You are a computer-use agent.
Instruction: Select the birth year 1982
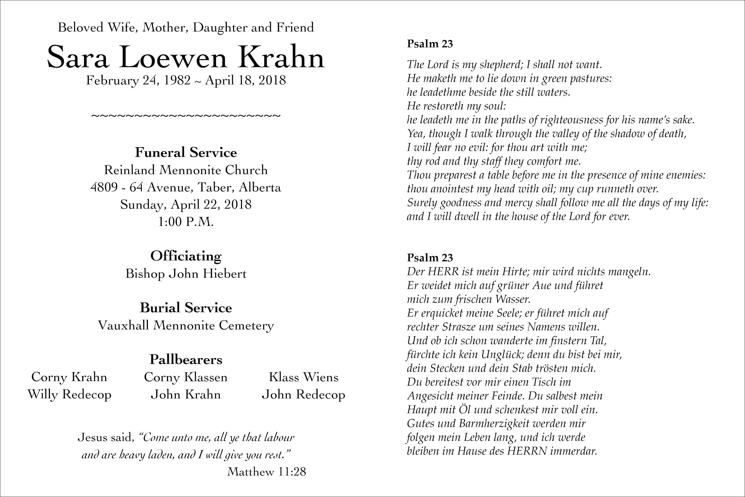pos(177,80)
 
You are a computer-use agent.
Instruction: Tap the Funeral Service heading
pos(186,152)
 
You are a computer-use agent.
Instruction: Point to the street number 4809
pos(104,187)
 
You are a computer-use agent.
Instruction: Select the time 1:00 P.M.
pos(186,221)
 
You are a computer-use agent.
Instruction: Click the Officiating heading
pos(186,256)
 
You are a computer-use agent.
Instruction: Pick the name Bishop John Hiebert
pos(186,274)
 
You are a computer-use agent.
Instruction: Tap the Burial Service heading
pos(186,308)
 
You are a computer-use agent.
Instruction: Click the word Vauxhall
pos(123,325)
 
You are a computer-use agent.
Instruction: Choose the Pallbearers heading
pos(186,359)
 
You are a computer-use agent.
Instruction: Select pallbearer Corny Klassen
pos(186,377)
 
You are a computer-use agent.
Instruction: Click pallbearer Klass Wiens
pos(304,377)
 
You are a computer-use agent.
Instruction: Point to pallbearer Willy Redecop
pos(69,395)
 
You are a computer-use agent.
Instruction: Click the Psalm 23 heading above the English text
pos(430,44)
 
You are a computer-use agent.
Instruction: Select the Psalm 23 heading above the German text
pos(430,258)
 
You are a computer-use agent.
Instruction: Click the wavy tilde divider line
pos(186,116)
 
